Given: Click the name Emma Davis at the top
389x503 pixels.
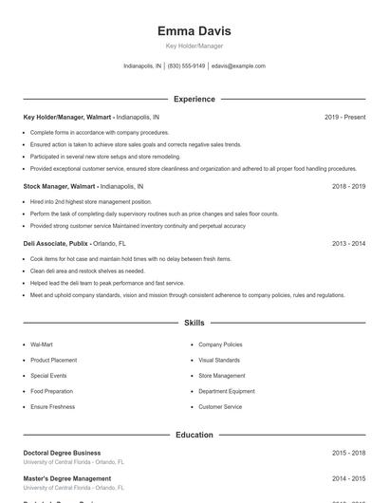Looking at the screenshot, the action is [x=194, y=30].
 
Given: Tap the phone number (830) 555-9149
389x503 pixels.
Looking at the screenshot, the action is [x=187, y=66].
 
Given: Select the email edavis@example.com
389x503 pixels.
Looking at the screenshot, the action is [x=238, y=66].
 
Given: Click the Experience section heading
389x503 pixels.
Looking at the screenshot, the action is [x=194, y=99].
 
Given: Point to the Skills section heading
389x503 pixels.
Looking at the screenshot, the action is [x=194, y=324].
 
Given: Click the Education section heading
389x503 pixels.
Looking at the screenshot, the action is [x=194, y=435].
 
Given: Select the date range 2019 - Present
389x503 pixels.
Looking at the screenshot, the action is [x=344, y=117].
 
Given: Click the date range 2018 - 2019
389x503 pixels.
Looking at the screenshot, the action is [x=348, y=187].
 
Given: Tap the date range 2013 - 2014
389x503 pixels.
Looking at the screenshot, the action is [x=348, y=244].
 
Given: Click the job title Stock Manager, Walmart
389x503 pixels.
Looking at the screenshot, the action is [x=59, y=187].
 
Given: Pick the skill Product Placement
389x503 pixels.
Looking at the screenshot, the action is [x=53, y=361].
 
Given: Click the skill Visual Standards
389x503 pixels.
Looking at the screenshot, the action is [x=219, y=361].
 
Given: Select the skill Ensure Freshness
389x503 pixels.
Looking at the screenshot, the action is [x=52, y=407].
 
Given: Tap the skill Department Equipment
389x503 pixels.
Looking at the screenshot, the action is [x=227, y=391].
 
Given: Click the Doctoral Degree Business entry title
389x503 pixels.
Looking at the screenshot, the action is [x=62, y=453].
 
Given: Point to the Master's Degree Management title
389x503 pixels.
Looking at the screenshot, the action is [x=66, y=478].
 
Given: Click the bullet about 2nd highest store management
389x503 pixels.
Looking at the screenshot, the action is [x=90, y=202].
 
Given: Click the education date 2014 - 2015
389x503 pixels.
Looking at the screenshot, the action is [x=348, y=478].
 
